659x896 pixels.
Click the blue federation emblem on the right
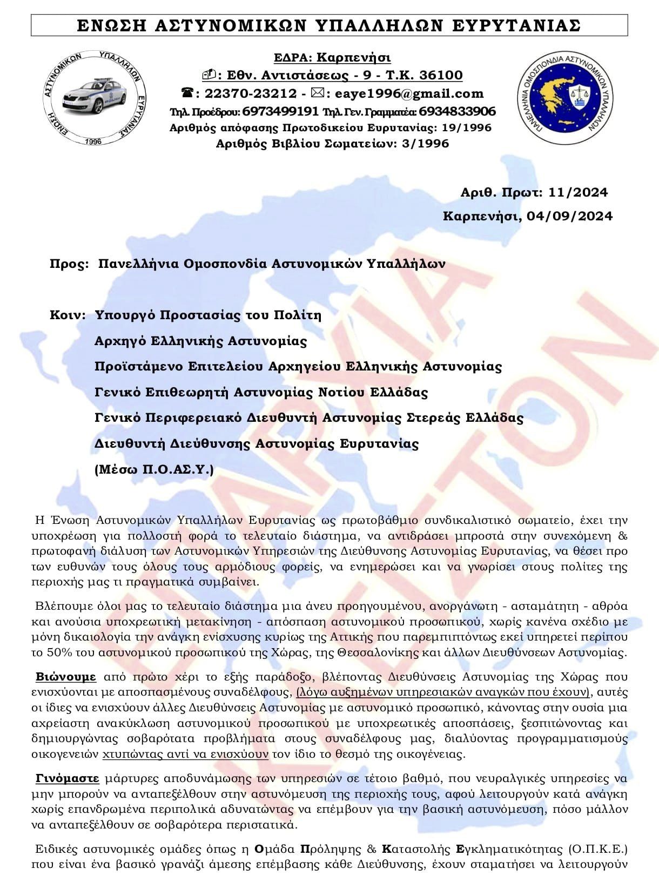(x=566, y=96)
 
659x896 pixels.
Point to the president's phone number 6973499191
(x=280, y=112)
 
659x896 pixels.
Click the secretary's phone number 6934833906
(x=457, y=112)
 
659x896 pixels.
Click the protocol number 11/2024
(x=577, y=192)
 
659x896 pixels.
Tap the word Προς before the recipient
(x=69, y=264)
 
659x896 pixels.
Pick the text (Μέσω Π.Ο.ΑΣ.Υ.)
(x=154, y=469)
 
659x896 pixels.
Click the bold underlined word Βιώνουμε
(x=66, y=677)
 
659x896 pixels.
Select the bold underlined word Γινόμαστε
(x=68, y=778)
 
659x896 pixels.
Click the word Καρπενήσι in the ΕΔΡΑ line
(x=353, y=57)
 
